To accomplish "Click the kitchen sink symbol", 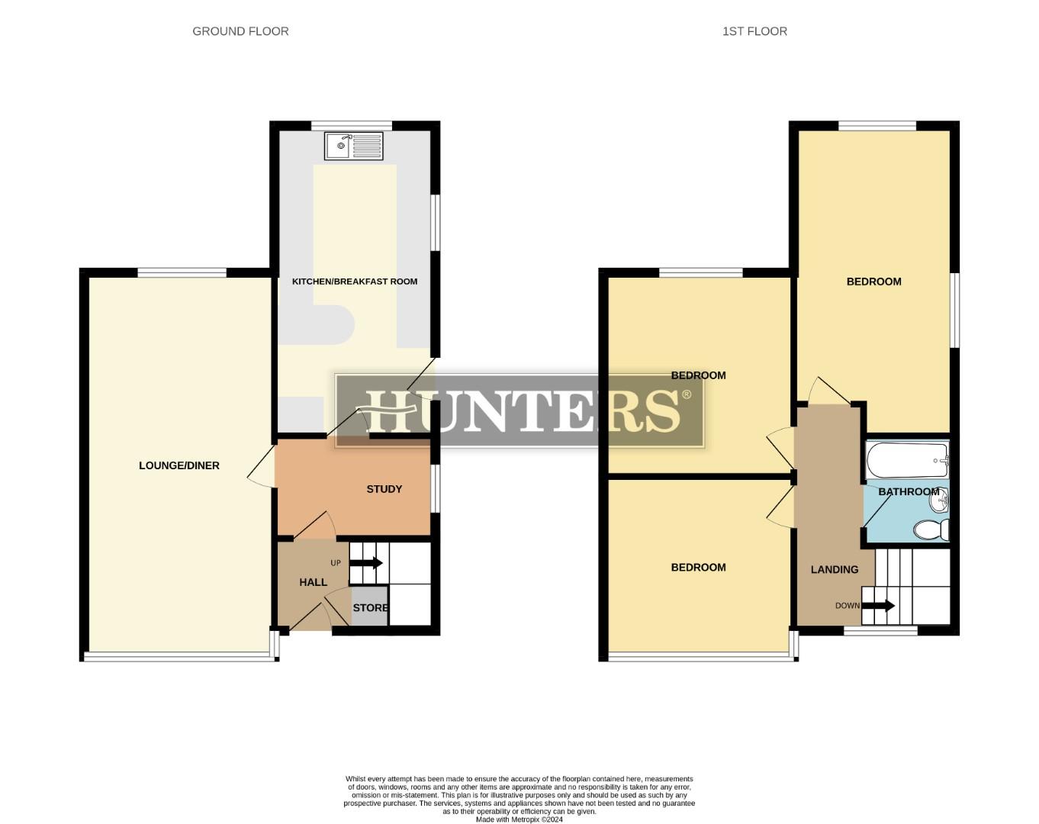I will click(x=353, y=146).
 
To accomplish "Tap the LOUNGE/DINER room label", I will click(x=179, y=465).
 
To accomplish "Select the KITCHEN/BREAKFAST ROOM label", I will click(x=355, y=282).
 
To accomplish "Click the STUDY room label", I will click(x=384, y=489).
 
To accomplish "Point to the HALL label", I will click(x=313, y=582).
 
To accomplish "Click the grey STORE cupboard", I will click(x=370, y=607).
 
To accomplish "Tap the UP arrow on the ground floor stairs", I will click(x=366, y=563).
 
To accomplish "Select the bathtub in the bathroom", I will click(x=907, y=460).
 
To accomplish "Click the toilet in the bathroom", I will click(x=931, y=529).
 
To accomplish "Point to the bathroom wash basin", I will click(x=941, y=500).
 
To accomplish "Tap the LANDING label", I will click(x=834, y=569).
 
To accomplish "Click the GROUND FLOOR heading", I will click(x=240, y=31).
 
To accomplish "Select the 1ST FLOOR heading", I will click(x=754, y=31).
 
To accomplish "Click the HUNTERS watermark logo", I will click(x=519, y=410).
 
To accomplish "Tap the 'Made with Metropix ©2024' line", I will click(x=519, y=819).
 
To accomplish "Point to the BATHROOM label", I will click(x=908, y=491).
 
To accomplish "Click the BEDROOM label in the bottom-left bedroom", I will click(x=698, y=567).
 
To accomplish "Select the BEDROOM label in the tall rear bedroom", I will click(x=873, y=282).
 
